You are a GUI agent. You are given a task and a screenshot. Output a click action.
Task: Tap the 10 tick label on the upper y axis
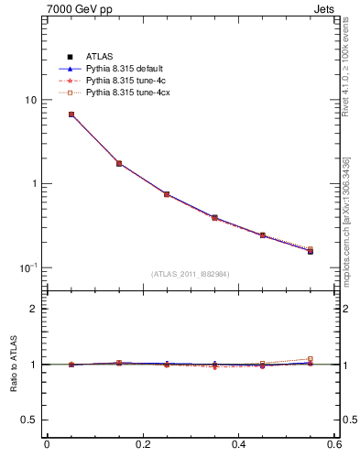29,100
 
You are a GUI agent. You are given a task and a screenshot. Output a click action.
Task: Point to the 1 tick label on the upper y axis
33,183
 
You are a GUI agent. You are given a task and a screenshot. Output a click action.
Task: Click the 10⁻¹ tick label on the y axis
27,267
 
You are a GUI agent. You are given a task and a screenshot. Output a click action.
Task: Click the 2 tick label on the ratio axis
33,309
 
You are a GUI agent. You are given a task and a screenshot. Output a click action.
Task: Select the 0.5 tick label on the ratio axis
28,420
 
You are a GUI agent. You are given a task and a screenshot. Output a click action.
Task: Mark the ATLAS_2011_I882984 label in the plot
191,274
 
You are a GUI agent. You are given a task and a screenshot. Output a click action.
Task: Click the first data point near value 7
71,115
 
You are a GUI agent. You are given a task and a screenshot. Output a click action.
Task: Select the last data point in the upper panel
310,250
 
